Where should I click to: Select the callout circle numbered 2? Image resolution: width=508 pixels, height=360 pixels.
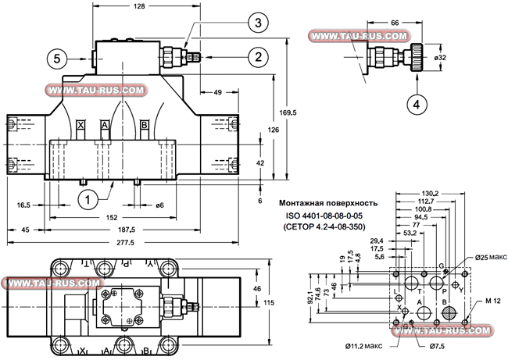255,55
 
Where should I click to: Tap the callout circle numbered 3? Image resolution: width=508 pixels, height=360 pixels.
255,23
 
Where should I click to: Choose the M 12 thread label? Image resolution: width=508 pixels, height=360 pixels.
492,301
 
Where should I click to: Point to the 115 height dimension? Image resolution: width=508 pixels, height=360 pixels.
268,302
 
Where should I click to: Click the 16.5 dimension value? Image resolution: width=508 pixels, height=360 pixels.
23,205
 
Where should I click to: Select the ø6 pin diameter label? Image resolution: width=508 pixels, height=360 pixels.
159,205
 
